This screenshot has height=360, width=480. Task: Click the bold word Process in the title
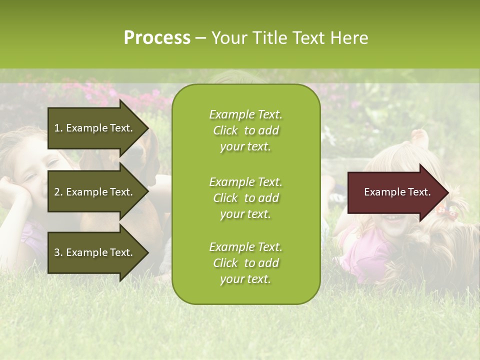157,38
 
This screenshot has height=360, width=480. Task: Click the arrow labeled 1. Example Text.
95,128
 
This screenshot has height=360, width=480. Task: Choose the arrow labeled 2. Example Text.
95,192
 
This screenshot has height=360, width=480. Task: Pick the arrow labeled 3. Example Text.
95,252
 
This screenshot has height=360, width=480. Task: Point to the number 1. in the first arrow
58,128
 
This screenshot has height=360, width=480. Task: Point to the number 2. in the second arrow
58,192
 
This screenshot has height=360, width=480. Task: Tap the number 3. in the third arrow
58,252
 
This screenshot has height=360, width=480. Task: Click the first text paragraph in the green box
245,130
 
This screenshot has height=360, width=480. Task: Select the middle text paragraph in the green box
245,198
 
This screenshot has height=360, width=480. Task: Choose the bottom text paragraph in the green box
245,263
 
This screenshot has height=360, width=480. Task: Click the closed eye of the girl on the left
31,177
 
